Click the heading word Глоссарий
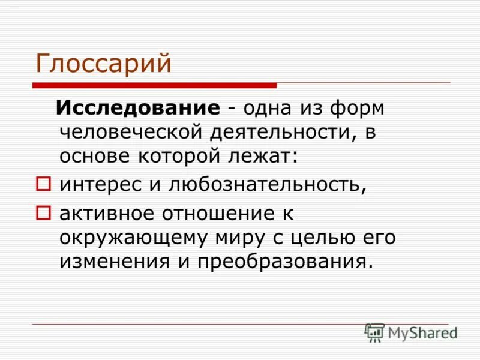coord(103,63)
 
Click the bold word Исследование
coord(137,109)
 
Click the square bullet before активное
coord(42,212)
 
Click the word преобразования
coord(279,261)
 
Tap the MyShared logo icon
coord(375,332)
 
